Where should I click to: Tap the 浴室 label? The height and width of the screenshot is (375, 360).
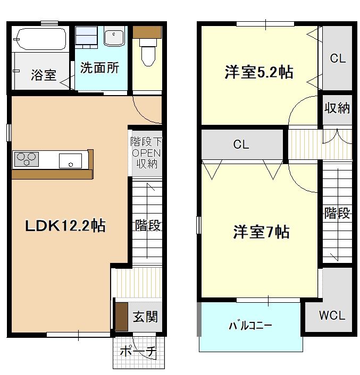click(44, 75)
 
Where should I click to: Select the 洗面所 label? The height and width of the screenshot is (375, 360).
click(99, 68)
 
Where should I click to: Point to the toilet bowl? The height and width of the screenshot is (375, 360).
click(147, 52)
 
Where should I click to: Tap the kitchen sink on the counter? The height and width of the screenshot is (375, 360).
click(70, 160)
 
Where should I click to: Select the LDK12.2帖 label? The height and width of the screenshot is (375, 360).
click(66, 226)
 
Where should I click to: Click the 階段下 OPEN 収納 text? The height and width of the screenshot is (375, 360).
click(146, 153)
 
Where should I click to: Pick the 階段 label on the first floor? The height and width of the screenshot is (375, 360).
click(147, 225)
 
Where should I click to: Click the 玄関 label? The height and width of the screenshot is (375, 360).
click(145, 317)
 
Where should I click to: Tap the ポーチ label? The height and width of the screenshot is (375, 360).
click(137, 352)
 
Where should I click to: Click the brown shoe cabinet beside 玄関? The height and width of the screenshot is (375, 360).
click(121, 317)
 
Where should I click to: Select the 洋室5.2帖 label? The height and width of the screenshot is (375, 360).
click(258, 73)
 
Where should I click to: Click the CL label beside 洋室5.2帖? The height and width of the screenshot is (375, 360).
click(338, 58)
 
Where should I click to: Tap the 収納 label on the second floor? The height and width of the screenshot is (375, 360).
click(337, 108)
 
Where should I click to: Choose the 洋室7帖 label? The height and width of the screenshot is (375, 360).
click(261, 232)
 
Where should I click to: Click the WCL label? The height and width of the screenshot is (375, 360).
click(332, 316)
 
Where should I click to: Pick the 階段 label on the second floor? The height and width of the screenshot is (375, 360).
click(338, 214)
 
